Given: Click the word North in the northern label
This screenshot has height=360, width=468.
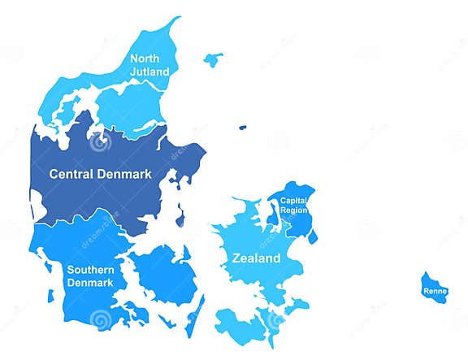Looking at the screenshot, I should point(145,59).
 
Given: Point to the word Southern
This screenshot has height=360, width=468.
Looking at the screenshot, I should point(90,270).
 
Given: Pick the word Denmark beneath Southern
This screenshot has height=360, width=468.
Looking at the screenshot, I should point(90,282).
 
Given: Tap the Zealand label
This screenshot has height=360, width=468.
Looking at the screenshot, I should point(256,258).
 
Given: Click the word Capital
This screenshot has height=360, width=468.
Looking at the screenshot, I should point(293,200).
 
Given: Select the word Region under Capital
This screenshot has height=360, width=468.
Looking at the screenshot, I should point(293,210).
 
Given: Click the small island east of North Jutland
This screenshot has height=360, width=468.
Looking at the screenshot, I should point(213,59).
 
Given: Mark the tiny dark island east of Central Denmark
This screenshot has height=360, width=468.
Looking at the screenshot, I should point(241,127).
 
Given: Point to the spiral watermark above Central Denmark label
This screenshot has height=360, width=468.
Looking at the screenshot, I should point(101,144).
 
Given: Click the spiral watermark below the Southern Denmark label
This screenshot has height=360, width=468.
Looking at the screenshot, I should point(101,319).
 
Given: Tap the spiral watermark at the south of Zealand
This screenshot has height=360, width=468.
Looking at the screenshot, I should point(276,319).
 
